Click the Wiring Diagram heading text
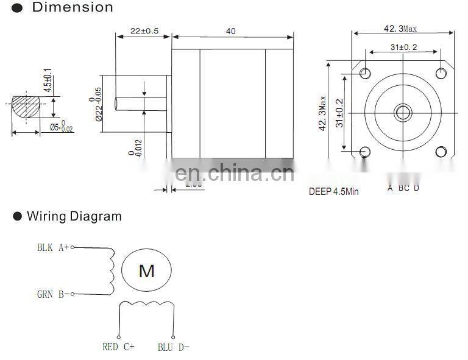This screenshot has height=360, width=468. tap(74, 216)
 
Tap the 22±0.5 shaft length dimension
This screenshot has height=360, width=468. tap(144, 30)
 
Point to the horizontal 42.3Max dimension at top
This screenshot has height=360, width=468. tap(400, 29)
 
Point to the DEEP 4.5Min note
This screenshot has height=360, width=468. tap(333, 191)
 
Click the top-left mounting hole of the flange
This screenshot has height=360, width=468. tap(365, 74)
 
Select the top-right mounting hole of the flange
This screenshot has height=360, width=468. tap(441, 74)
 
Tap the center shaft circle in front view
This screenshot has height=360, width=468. tap(403, 111)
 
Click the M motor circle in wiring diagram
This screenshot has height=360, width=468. tap(146, 270)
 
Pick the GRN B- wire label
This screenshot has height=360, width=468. tap(52, 294)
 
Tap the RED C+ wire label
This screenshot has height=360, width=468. tap(118, 347)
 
